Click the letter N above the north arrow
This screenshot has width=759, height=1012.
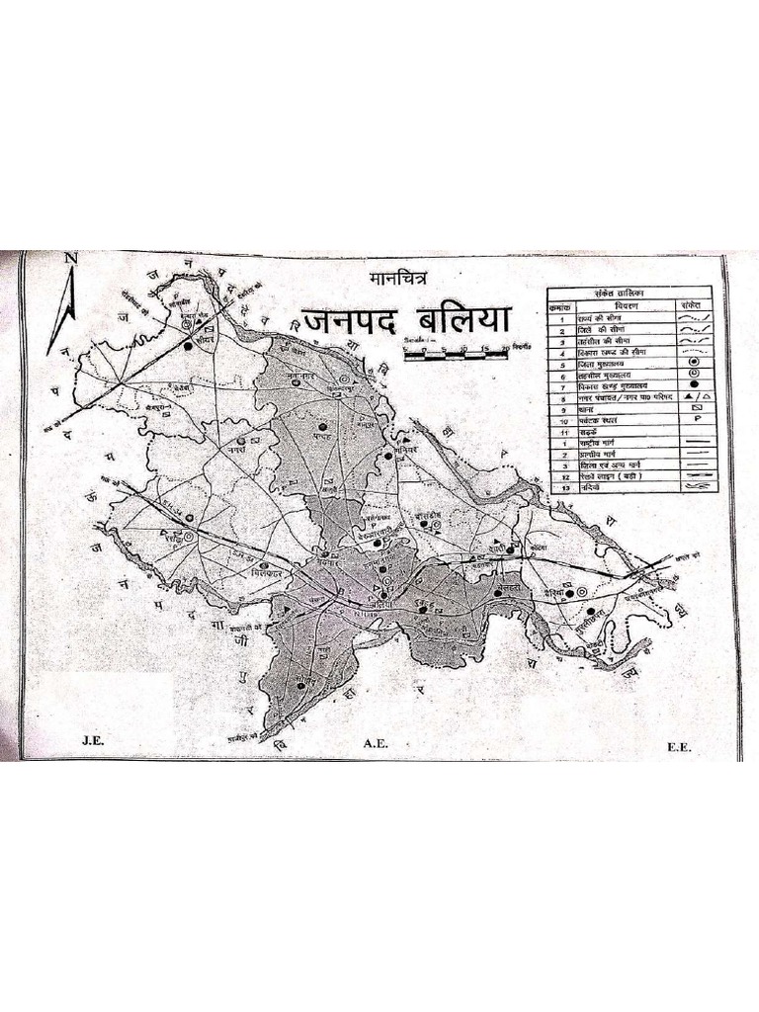click(70, 260)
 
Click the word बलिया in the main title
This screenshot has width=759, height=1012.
click(464, 322)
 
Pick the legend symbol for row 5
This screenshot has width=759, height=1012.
click(694, 364)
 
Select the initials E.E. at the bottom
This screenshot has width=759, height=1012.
click(679, 748)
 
